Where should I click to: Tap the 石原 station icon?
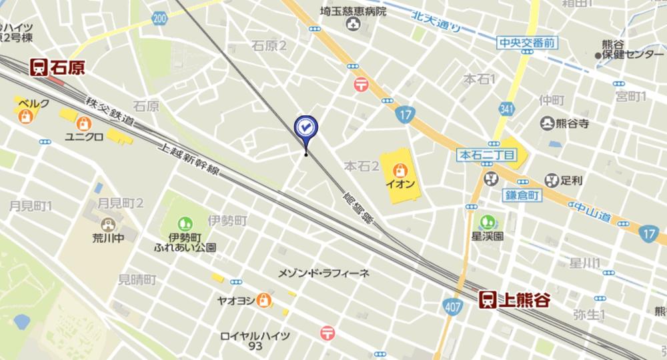point(38,67)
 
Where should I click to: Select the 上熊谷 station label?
point(524,300)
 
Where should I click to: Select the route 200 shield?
point(159,19)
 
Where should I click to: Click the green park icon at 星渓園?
point(489,221)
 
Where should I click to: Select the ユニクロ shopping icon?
point(83,123)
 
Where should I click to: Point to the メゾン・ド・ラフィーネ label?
point(324,274)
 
